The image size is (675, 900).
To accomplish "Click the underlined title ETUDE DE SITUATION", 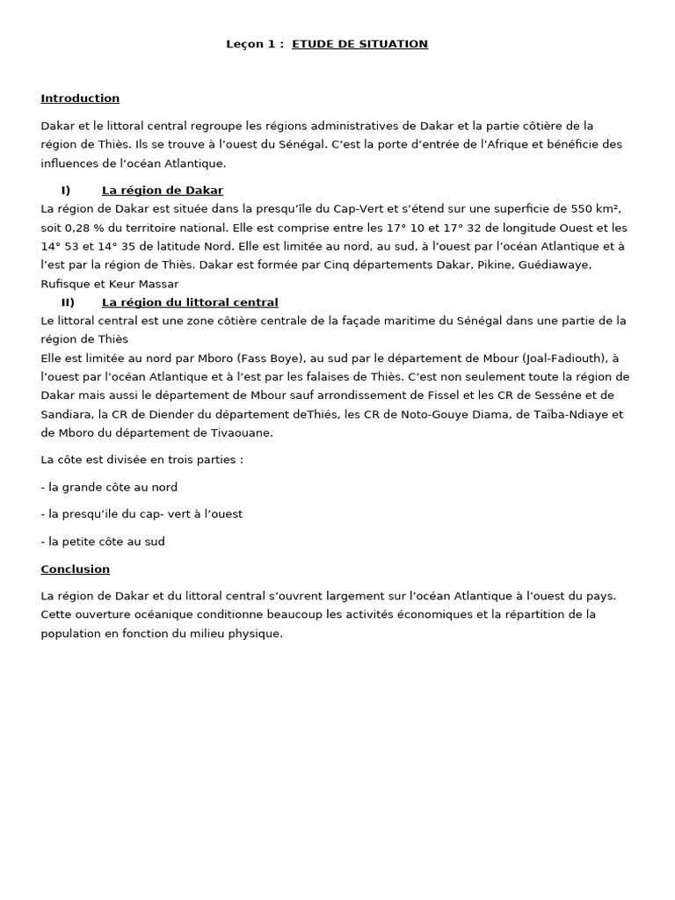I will click(359, 44).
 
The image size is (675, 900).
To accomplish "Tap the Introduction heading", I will click(80, 98).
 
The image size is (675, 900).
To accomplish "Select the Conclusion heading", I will click(75, 570).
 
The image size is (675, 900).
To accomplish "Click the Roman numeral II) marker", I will click(68, 302).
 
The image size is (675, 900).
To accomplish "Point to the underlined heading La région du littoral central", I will click(190, 302).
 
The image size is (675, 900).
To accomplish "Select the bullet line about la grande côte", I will click(109, 487).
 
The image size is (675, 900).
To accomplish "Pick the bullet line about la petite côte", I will click(103, 541).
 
